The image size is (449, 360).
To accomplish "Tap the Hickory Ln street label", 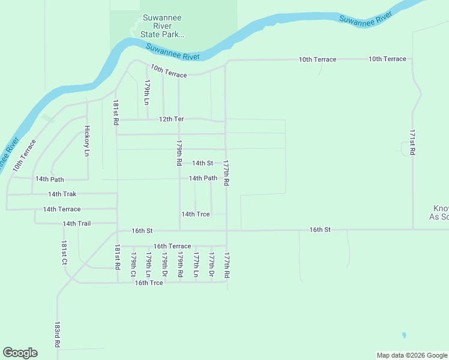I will (x=87, y=141).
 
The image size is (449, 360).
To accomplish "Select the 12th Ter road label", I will (x=171, y=119).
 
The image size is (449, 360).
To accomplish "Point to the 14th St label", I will (x=202, y=163).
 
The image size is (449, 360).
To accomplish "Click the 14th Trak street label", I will (x=62, y=194).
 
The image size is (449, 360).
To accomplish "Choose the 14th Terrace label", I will (x=61, y=209).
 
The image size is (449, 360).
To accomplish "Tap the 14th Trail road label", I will (x=76, y=223).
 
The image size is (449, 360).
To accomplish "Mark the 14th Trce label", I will (x=196, y=214).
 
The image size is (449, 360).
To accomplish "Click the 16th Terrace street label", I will (x=172, y=246).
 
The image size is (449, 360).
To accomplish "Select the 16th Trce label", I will (x=149, y=283).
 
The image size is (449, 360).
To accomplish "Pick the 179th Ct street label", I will (x=133, y=265).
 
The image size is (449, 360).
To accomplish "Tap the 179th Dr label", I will (x=164, y=265).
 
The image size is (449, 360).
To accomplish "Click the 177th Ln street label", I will (x=196, y=265).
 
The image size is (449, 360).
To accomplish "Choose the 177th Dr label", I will (x=211, y=265).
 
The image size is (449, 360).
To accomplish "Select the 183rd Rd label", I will (x=57, y=335).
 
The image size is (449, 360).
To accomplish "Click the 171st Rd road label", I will (x=412, y=142).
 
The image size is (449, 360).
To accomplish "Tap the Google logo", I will (x=20, y=353).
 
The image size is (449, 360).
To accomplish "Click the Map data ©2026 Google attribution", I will (x=411, y=355).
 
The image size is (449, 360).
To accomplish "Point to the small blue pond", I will (x=404, y=335).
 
